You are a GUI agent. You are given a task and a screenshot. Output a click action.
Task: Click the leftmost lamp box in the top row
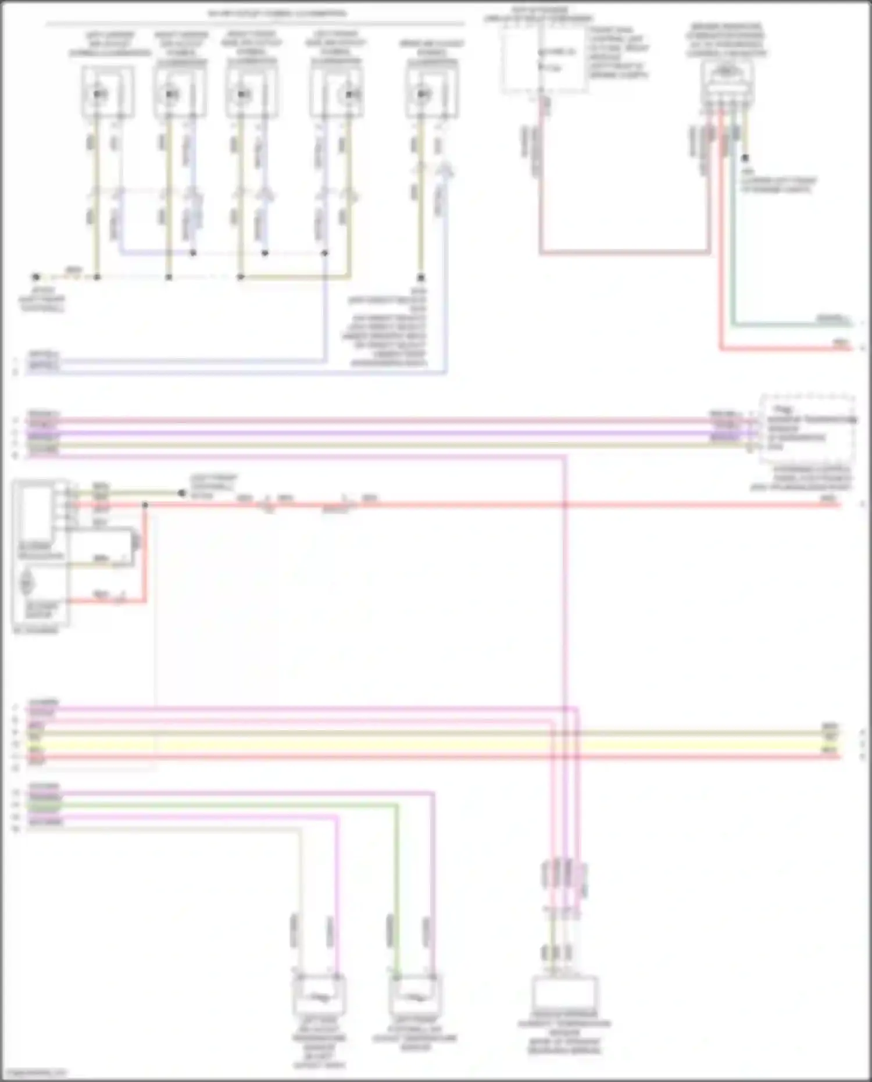pyautogui.click(x=108, y=92)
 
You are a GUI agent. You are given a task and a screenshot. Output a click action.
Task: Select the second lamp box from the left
pyautogui.click(x=180, y=92)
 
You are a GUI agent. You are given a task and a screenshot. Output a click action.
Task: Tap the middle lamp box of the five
pyautogui.click(x=251, y=92)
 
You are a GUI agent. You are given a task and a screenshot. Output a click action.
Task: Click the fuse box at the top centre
pyautogui.click(x=544, y=61)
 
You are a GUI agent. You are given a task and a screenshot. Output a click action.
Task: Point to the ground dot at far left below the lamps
pyautogui.click(x=36, y=277)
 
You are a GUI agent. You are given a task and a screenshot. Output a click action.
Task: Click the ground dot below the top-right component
pyautogui.click(x=745, y=158)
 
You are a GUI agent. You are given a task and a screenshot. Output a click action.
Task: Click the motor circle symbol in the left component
pyautogui.click(x=27, y=582)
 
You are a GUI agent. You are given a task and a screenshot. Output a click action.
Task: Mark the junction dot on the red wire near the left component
pyautogui.click(x=145, y=505)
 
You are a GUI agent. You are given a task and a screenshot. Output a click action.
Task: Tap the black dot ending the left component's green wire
pyautogui.click(x=181, y=494)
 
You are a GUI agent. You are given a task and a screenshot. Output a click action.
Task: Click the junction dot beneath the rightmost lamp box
pyautogui.click(x=421, y=278)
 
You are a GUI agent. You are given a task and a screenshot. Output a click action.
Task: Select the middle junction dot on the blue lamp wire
pyautogui.click(x=265, y=253)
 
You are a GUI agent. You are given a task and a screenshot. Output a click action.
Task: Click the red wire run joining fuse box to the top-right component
pyautogui.click(x=625, y=253)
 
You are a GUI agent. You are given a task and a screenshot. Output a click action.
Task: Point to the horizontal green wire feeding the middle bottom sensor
pyautogui.click(x=221, y=806)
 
